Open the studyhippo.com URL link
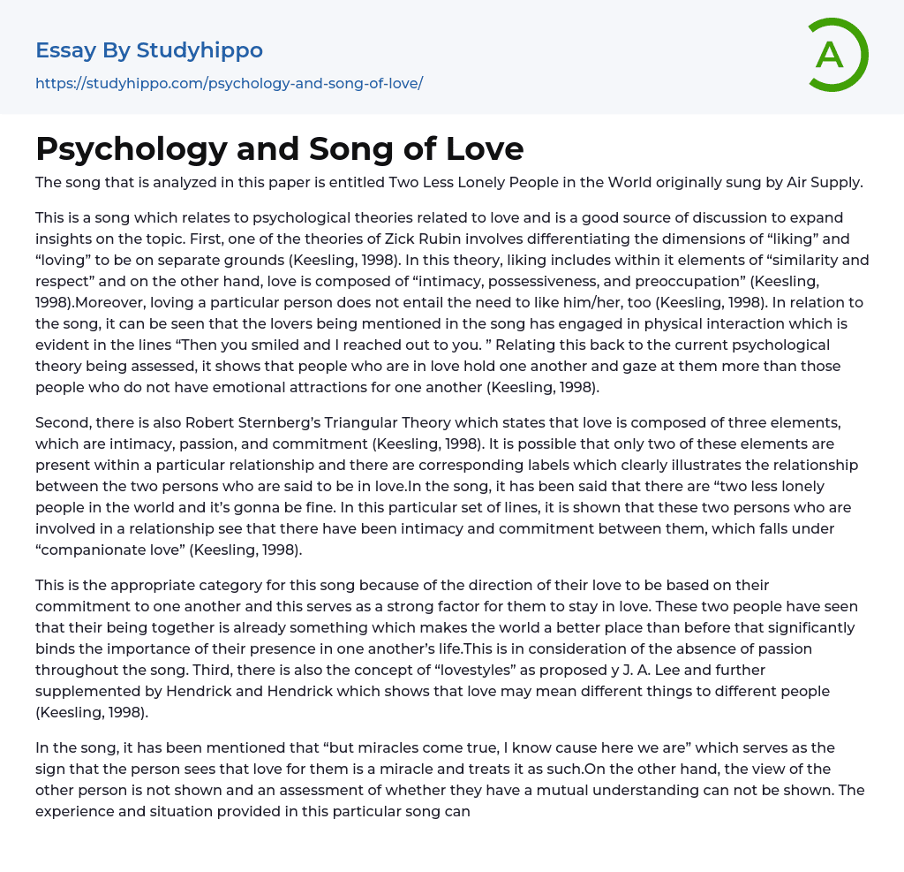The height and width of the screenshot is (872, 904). point(229,83)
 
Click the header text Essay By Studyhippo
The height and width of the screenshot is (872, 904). point(149,50)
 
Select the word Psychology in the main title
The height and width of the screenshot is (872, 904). point(130,148)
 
